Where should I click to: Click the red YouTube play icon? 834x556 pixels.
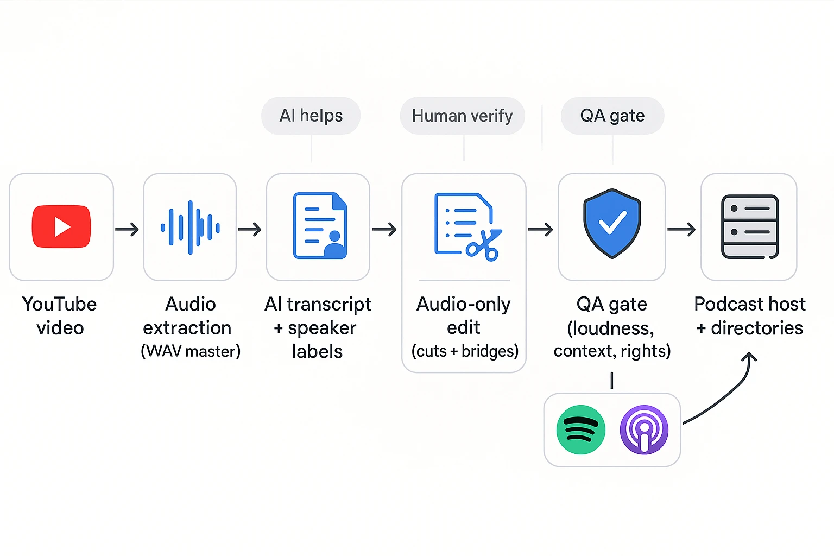pyautogui.click(x=61, y=226)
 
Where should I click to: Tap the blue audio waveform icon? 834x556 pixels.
pyautogui.click(x=190, y=227)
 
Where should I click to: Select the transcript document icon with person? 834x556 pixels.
pyautogui.click(x=320, y=226)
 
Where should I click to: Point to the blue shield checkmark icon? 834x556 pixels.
pyautogui.click(x=612, y=223)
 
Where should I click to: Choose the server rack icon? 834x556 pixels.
pyautogui.click(x=750, y=226)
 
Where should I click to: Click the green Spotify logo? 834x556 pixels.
pyautogui.click(x=581, y=429)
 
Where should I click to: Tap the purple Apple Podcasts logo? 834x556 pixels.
pyautogui.click(x=644, y=429)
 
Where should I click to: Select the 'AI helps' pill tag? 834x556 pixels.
pyautogui.click(x=311, y=116)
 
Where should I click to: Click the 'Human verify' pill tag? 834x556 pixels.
pyautogui.click(x=463, y=116)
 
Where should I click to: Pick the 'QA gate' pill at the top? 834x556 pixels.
pyautogui.click(x=612, y=116)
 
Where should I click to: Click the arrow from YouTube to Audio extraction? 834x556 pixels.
pyautogui.click(x=127, y=230)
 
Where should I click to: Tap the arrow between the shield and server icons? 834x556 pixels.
pyautogui.click(x=681, y=230)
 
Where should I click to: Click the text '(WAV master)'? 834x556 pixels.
pyautogui.click(x=191, y=351)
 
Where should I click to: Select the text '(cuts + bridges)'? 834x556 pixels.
pyautogui.click(x=465, y=351)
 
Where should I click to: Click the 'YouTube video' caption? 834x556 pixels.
pyautogui.click(x=60, y=315)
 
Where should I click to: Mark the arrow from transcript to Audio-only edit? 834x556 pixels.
pyautogui.click(x=384, y=230)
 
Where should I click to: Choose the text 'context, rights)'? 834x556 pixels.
pyautogui.click(x=612, y=351)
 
